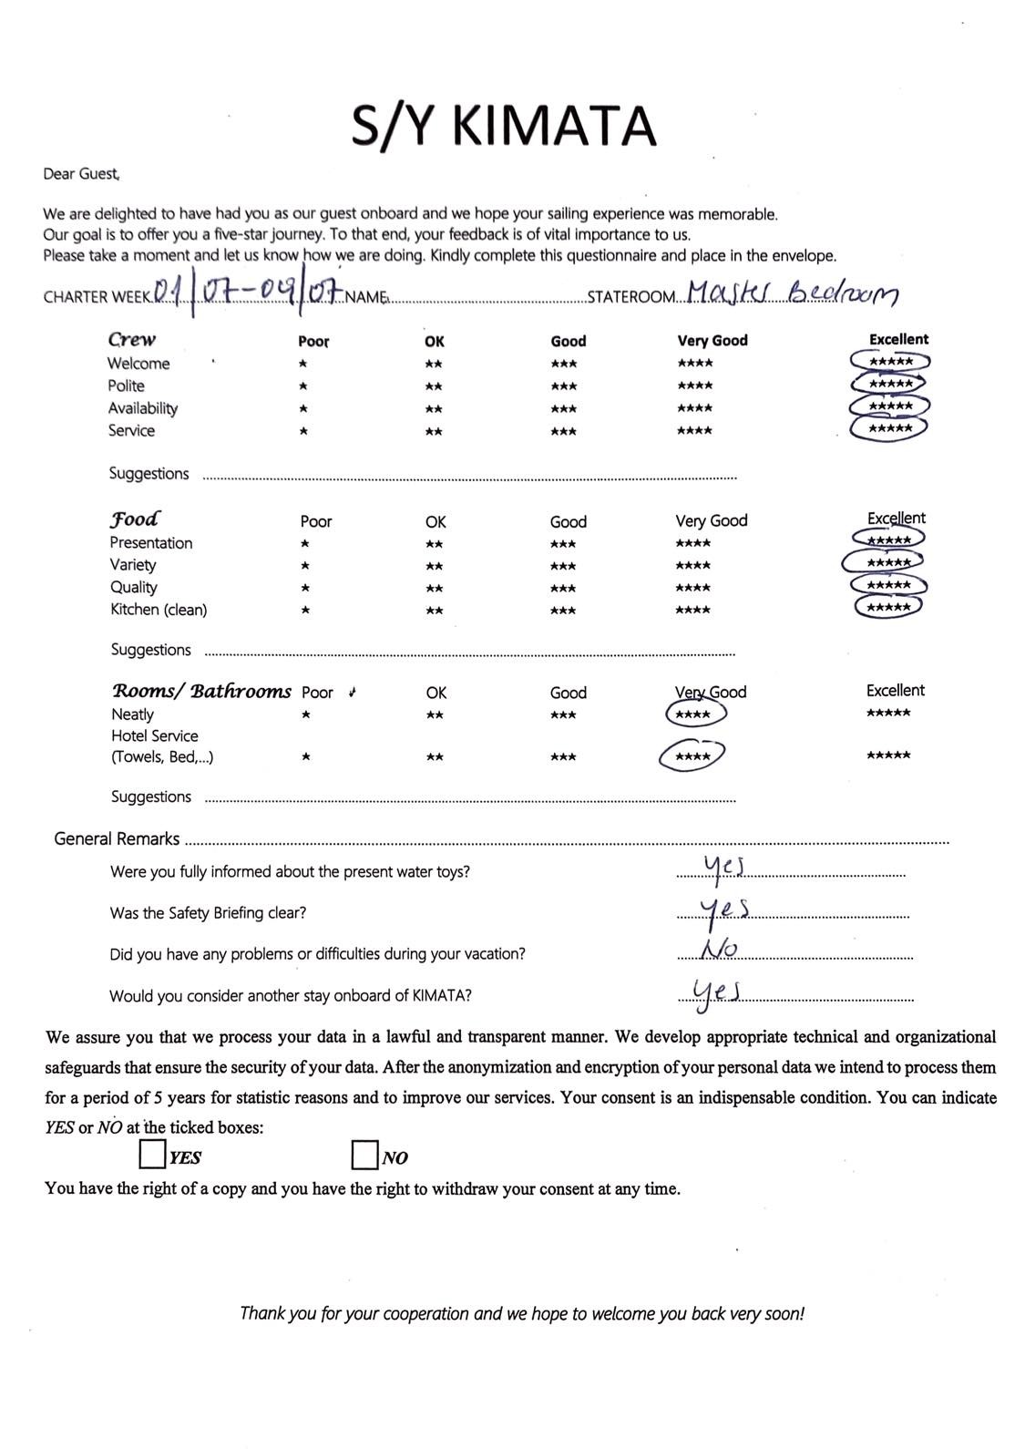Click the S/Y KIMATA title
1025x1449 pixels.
coord(504,127)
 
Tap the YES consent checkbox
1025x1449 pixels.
coord(151,1155)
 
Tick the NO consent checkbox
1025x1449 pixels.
coord(364,1155)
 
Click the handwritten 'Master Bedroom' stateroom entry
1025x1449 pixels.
coord(792,293)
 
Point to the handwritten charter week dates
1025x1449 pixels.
coord(246,293)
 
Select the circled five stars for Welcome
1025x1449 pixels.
coord(890,362)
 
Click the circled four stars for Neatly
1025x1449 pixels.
coord(694,714)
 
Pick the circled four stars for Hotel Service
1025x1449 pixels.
coord(692,756)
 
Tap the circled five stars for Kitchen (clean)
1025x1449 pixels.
coord(888,607)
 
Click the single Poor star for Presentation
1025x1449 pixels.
coord(305,544)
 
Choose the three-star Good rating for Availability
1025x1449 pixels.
coord(563,408)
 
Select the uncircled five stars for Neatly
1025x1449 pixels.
coord(888,713)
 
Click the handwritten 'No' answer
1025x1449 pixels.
coord(719,950)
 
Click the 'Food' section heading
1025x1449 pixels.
coord(135,519)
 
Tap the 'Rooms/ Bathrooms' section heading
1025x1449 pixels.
coord(201,691)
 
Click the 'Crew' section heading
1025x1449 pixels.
coord(132,340)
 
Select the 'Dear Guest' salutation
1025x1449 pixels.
coord(81,173)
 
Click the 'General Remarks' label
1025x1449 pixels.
coord(117,838)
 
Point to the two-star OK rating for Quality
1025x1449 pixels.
coord(435,589)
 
